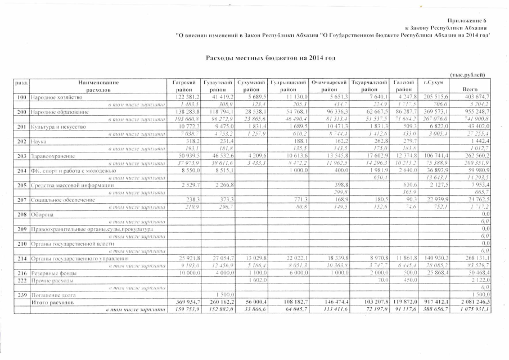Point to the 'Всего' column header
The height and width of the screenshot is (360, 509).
470,89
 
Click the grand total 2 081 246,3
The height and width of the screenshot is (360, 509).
471,302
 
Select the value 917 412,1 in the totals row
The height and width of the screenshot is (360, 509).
434,302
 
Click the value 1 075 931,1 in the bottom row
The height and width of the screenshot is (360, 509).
471,309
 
